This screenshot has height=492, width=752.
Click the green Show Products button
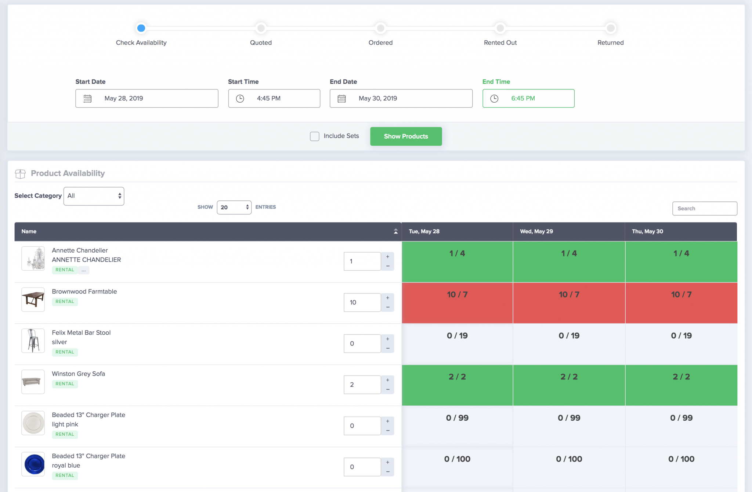(406, 136)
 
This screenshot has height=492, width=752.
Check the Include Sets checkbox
(315, 136)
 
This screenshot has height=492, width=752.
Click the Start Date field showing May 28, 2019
(147, 99)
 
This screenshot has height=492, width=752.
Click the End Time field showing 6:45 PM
(528, 99)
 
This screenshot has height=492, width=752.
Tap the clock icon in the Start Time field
(240, 99)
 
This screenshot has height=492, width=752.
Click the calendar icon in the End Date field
(341, 99)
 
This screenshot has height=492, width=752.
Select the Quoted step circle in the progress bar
(261, 28)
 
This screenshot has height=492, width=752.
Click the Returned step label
(610, 43)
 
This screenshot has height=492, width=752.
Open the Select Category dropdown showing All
(94, 196)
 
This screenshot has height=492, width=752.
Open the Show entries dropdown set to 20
(234, 207)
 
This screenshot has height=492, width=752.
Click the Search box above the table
(704, 208)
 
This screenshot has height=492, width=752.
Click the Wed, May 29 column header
(536, 231)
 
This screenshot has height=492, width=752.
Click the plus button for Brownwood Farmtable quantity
(388, 298)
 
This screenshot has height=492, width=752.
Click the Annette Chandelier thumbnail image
(33, 259)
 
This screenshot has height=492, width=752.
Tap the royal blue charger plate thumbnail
(33, 464)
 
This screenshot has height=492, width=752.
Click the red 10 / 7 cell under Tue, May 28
(457, 303)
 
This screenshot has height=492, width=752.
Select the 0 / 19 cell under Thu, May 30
(681, 344)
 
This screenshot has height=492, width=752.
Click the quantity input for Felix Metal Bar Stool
(362, 343)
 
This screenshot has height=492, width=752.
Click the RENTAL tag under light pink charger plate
(65, 434)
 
